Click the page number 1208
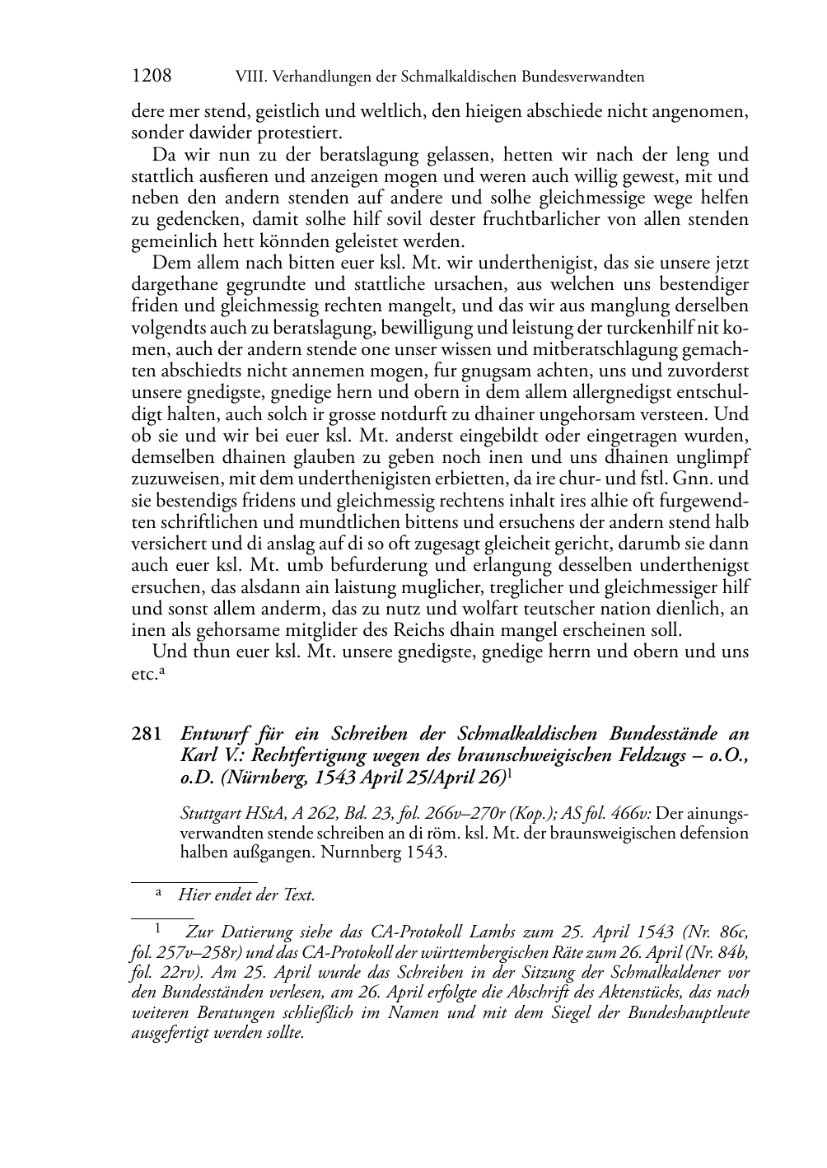[x=152, y=77]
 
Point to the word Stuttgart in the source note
[x=210, y=814]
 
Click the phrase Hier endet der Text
[x=246, y=895]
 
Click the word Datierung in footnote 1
[x=256, y=932]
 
